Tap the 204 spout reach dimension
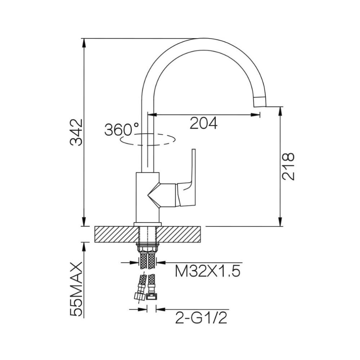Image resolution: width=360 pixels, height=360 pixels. [203, 123]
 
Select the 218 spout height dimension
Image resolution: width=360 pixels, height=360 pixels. [288, 166]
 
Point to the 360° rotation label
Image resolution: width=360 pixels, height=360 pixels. [122, 129]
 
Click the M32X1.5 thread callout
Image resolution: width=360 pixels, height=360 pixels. [208, 271]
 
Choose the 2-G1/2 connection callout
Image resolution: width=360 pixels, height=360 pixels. [201, 318]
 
